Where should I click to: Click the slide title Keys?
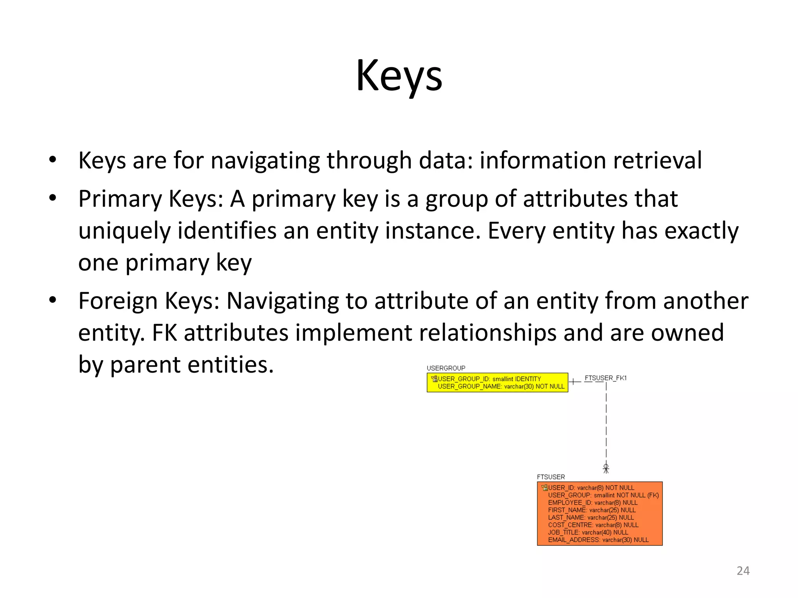pyautogui.click(x=399, y=76)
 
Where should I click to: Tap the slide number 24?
pyautogui.click(x=743, y=571)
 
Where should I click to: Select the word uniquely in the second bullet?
pyautogui.click(x=124, y=231)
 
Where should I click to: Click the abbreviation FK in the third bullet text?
pyautogui.click(x=164, y=333)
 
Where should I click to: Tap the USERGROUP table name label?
pyautogui.click(x=446, y=368)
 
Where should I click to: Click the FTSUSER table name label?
pyautogui.click(x=551, y=477)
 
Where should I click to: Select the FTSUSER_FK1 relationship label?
pyautogui.click(x=606, y=378)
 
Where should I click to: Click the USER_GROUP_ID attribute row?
pyautogui.click(x=489, y=379)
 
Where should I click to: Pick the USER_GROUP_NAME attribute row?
pyautogui.click(x=501, y=386)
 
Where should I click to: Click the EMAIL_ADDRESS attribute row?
pyautogui.click(x=598, y=540)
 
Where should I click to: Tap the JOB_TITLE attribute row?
pyautogui.click(x=588, y=533)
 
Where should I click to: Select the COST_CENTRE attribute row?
pyautogui.click(x=593, y=525)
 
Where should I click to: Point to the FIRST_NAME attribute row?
pyautogui.click(x=591, y=510)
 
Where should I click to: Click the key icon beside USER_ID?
pyautogui.click(x=544, y=488)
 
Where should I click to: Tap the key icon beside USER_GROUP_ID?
pyautogui.click(x=434, y=379)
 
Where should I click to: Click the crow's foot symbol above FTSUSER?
pyautogui.click(x=606, y=468)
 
